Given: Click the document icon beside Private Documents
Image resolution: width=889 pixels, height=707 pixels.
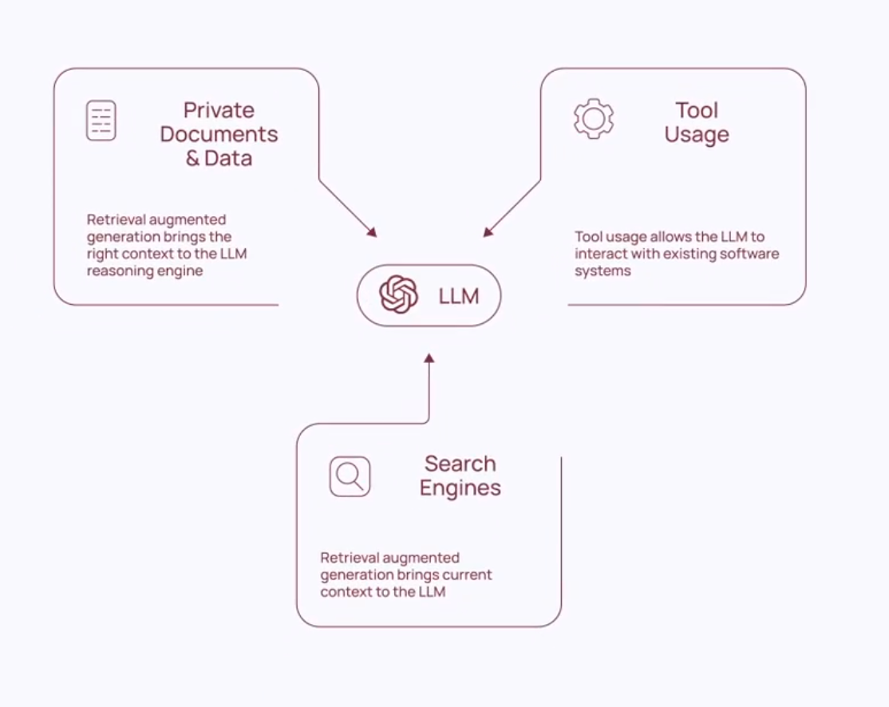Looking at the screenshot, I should coord(101,120).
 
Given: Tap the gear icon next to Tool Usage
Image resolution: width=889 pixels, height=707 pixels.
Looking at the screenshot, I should coord(594,119).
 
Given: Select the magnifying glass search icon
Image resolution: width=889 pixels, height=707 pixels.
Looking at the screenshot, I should coord(350,476).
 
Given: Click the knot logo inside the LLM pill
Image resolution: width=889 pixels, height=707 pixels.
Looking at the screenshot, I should coord(399,295).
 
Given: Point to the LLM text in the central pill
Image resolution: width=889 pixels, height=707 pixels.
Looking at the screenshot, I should coord(459,296).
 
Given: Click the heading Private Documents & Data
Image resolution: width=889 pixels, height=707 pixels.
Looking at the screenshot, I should coord(219,134).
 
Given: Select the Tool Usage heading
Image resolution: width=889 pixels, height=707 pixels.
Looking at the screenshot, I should coord(697,122).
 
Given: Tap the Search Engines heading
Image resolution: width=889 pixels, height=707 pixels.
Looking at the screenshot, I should coord(460,476).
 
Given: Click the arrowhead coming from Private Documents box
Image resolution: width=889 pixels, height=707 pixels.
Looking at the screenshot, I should coord(371,232).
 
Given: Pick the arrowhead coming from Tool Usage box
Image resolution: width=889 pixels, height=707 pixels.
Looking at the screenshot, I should coord(488,232).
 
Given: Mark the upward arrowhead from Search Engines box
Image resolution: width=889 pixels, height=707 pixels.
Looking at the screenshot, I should coord(429,358).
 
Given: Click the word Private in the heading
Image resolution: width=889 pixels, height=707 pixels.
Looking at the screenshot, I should coord(219,110).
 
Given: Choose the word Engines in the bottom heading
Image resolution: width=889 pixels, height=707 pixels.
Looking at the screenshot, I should coord(460,488).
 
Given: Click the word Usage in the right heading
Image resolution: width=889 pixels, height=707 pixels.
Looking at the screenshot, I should coord(697,134).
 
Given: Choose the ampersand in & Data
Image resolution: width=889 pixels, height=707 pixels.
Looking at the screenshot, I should coord(192,158).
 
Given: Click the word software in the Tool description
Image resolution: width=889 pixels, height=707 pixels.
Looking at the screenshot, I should coord(753,254).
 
